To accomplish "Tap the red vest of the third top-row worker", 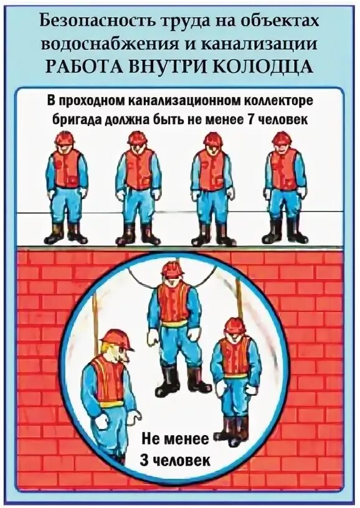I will point(211,170).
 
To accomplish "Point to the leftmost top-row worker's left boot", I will point(55,234).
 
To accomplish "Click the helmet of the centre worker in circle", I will point(173,269).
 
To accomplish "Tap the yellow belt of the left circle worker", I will point(110,403).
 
